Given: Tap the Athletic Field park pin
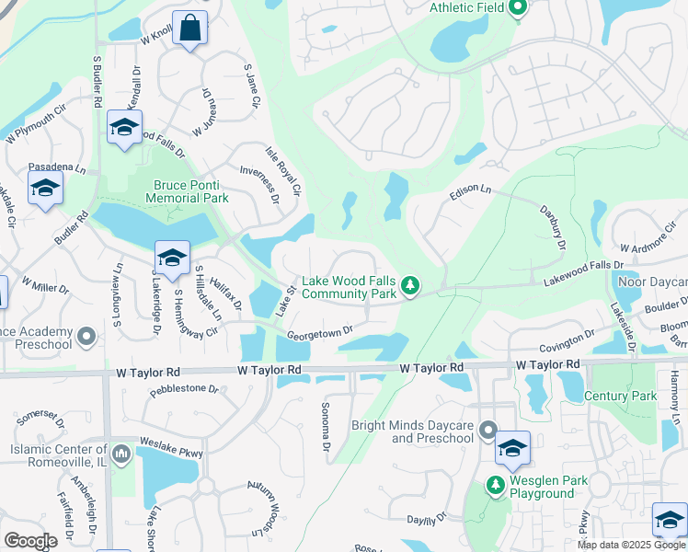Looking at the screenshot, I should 517,9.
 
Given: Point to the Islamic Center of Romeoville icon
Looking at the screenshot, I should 120,454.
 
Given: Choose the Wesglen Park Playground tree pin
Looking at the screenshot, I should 496,483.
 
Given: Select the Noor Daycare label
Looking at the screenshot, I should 655,282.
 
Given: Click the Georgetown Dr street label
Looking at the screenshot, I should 320,333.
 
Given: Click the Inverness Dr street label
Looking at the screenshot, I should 258,183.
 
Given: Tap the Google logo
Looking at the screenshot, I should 30,541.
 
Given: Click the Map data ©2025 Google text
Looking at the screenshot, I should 631,545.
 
